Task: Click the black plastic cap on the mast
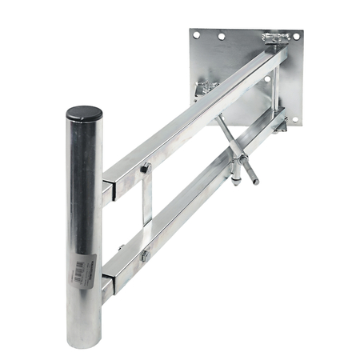point(84,114)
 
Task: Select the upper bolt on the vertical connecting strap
point(146,168)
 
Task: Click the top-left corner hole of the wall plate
point(197,34)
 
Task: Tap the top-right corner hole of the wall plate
point(295,36)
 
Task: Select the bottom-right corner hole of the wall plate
point(294,120)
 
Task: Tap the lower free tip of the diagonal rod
point(255,182)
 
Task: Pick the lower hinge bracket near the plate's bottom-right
point(280,124)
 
